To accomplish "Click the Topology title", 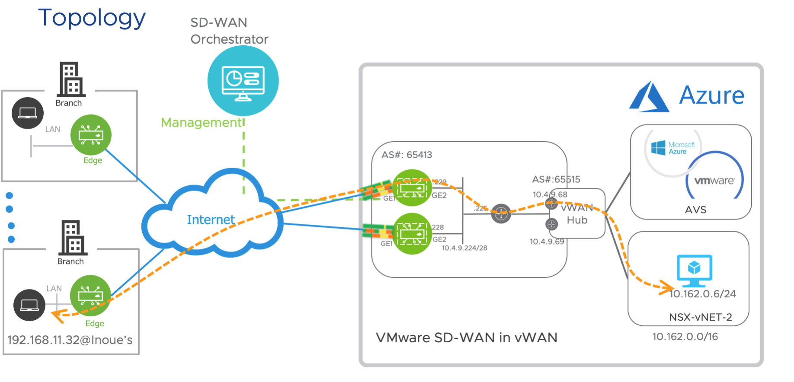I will pyautogui.click(x=92, y=18).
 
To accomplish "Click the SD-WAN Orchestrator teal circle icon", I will pyautogui.click(x=243, y=81).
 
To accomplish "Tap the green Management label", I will pyautogui.click(x=201, y=123).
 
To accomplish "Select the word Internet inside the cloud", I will pyautogui.click(x=211, y=220).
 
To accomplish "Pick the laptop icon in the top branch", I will pyautogui.click(x=28, y=113).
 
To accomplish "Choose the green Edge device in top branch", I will pyautogui.click(x=91, y=135).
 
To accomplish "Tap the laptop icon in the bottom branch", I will pyautogui.click(x=29, y=305).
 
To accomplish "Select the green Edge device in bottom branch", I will pyautogui.click(x=90, y=296).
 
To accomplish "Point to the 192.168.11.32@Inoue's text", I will pyautogui.click(x=70, y=340).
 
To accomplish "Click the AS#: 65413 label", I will pyautogui.click(x=407, y=155).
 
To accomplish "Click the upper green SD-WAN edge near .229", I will pyautogui.click(x=412, y=188).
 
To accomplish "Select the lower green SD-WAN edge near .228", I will pyautogui.click(x=412, y=234).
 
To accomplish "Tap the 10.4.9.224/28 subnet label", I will pyautogui.click(x=464, y=248).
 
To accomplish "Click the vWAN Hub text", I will pyautogui.click(x=577, y=214).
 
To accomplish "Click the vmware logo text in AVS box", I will pyautogui.click(x=714, y=181).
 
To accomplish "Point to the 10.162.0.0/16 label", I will pyautogui.click(x=685, y=337).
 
